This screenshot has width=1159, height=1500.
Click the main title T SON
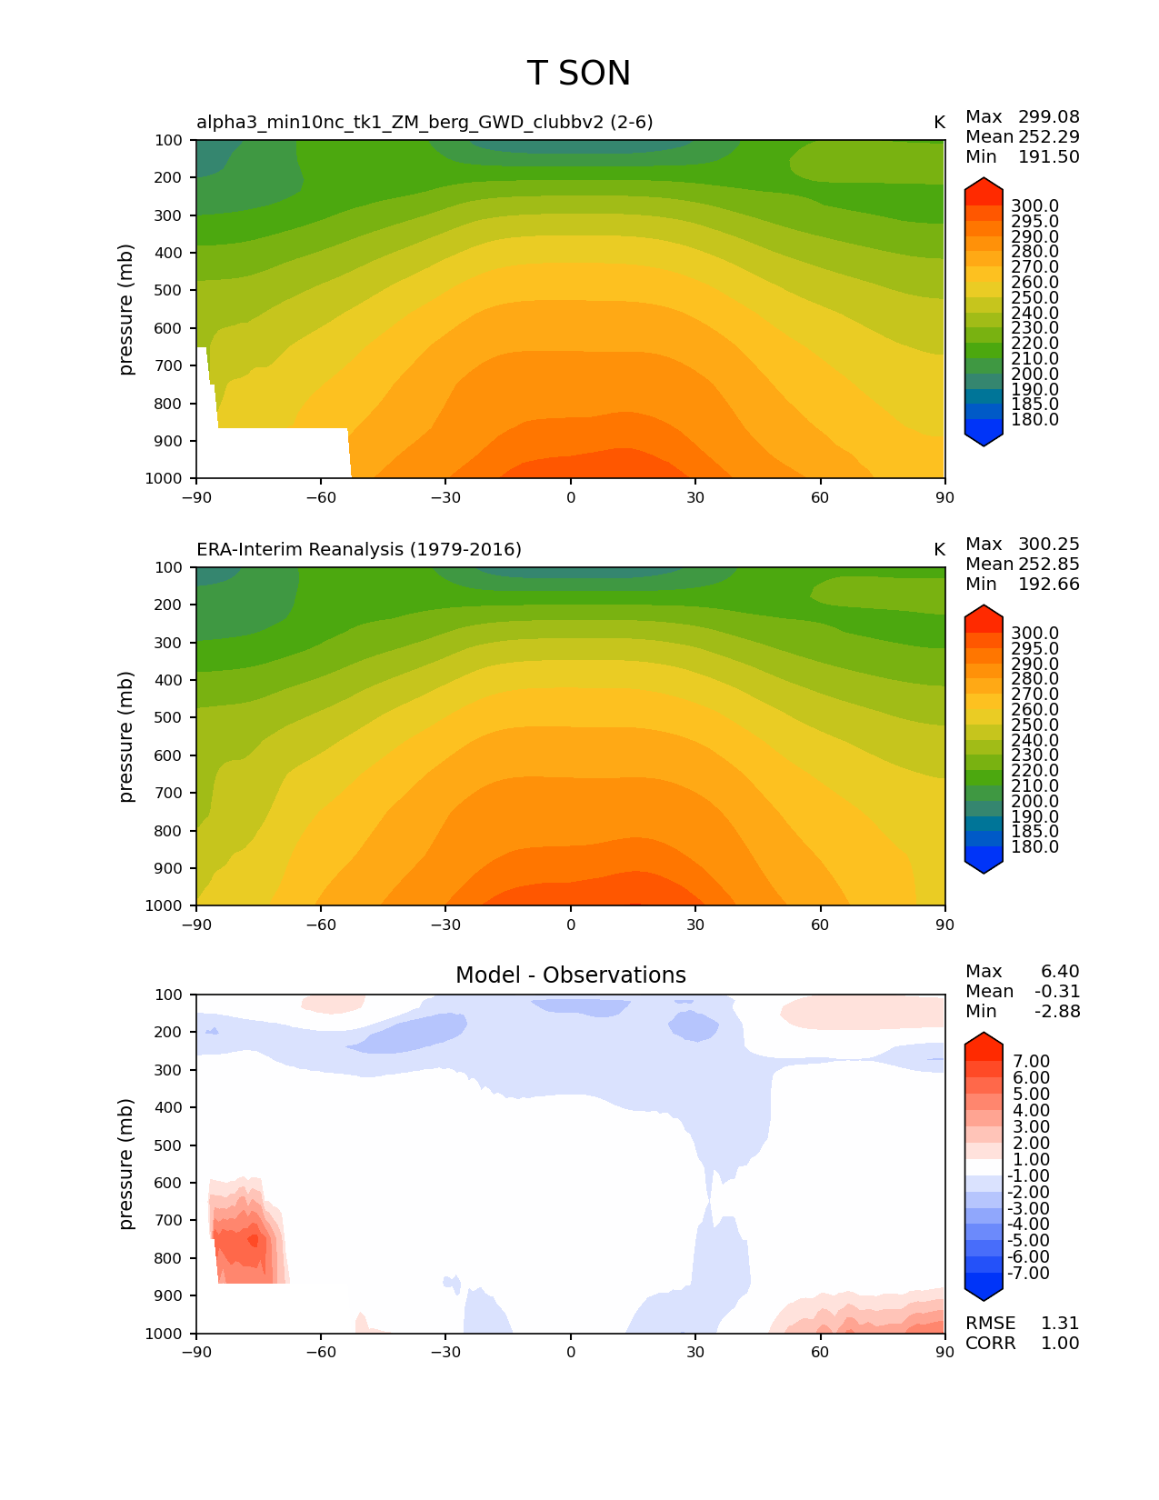(x=578, y=74)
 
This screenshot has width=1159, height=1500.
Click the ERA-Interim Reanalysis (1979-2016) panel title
(x=359, y=550)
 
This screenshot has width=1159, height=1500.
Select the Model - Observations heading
(x=570, y=975)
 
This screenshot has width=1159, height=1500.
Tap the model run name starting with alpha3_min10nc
(x=425, y=123)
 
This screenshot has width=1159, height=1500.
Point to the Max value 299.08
(x=1048, y=117)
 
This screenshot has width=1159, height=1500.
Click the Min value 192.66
(x=1048, y=585)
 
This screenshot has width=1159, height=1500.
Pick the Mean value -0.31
(x=1057, y=992)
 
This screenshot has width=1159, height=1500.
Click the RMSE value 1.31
(x=1060, y=1324)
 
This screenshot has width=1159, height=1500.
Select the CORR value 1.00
(x=1060, y=1344)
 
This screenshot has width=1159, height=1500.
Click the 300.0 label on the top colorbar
(x=1034, y=206)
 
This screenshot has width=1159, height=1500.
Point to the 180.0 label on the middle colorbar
(x=1034, y=847)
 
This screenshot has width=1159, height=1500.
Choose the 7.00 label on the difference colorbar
(x=1032, y=1062)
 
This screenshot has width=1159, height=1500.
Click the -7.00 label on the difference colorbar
(x=1029, y=1274)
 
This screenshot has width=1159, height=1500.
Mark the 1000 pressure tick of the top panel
(x=164, y=479)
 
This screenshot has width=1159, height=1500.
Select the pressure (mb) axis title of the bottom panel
(x=126, y=1164)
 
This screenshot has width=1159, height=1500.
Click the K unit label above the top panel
(x=939, y=123)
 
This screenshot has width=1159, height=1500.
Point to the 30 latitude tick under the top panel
(x=695, y=497)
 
